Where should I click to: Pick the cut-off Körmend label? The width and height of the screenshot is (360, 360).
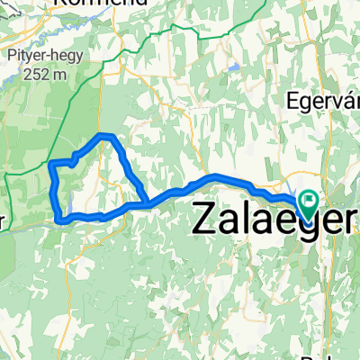point(90,4)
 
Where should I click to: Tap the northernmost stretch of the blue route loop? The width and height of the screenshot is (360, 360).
point(106,135)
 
